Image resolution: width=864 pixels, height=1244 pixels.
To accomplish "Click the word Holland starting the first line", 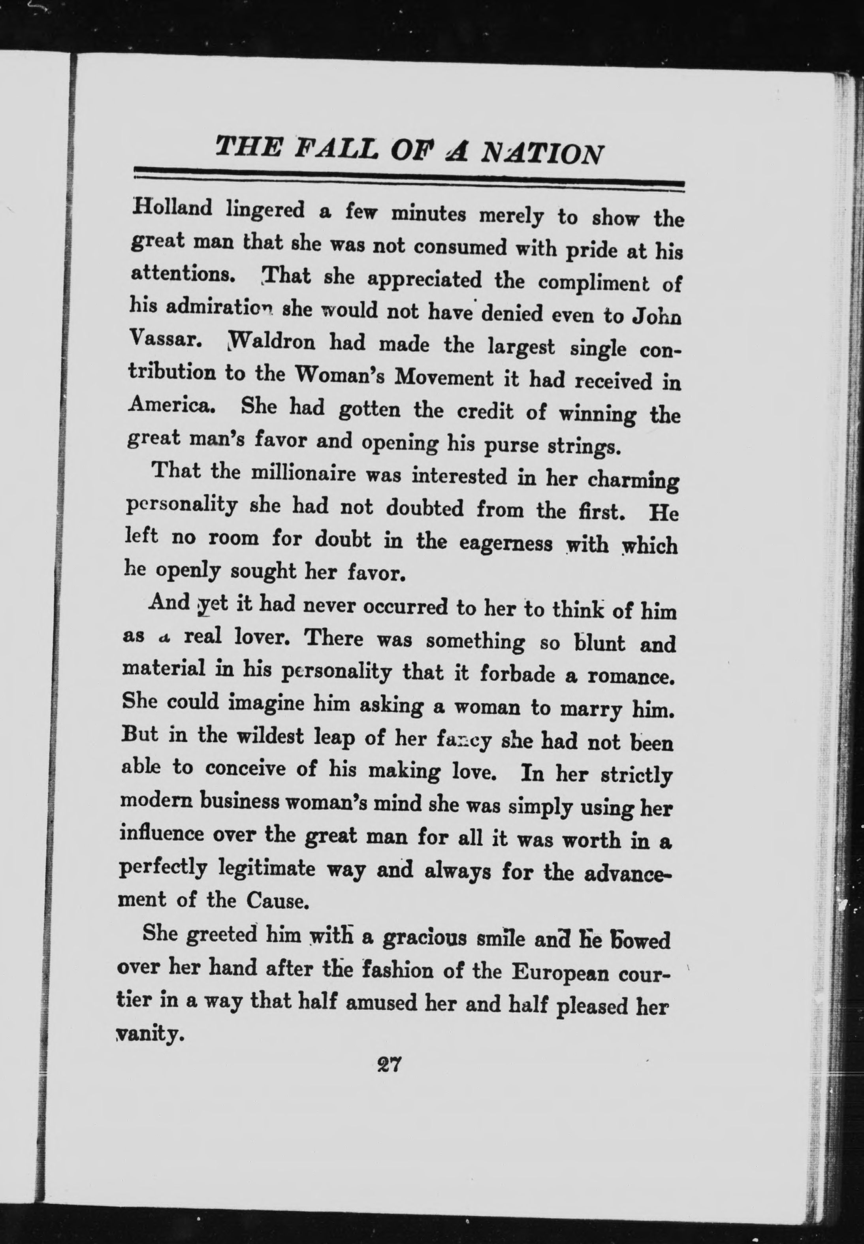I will pos(172,207).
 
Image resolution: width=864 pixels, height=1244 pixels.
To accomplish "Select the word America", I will pos(171,404).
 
